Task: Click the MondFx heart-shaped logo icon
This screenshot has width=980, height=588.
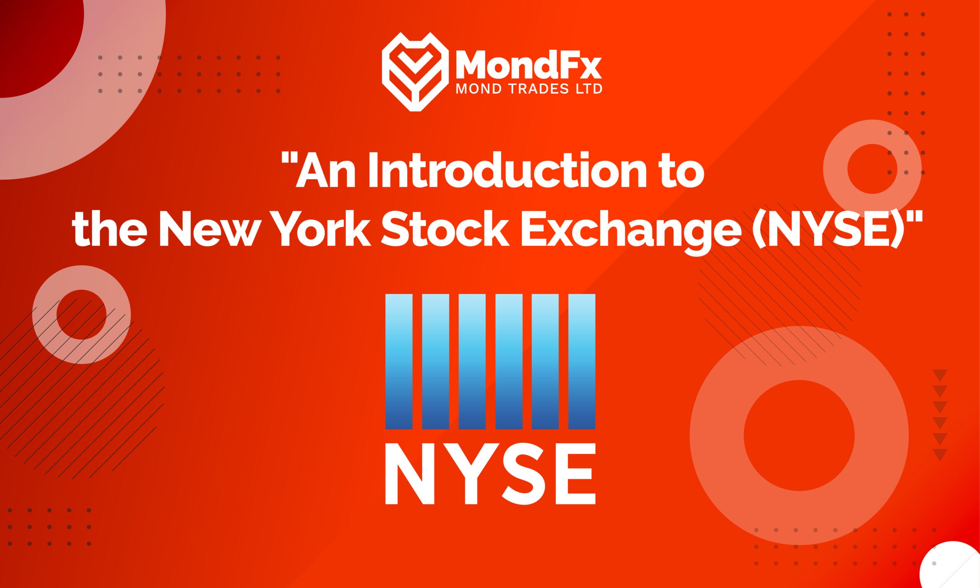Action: [415, 72]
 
